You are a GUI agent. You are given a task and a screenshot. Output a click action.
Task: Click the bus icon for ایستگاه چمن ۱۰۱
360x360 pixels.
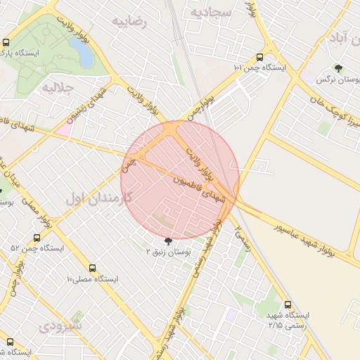coord(260,58)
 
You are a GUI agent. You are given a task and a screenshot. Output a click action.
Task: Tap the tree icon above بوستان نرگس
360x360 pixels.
coord(340,68)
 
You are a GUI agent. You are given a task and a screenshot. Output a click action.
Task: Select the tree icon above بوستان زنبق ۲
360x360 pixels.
coord(167,240)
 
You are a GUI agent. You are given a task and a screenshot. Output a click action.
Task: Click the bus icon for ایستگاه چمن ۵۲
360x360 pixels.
coord(37,238)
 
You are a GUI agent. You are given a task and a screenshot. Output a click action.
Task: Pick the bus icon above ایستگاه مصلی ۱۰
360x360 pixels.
coord(92,269)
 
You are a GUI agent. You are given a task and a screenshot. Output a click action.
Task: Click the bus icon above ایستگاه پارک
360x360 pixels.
coord(7,42)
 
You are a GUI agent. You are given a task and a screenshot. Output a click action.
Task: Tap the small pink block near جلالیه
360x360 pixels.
coord(63,129)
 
